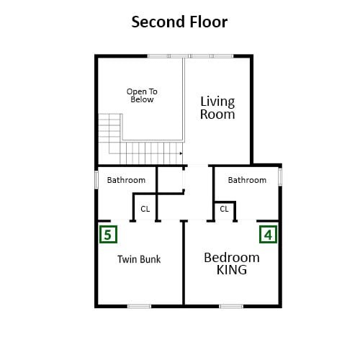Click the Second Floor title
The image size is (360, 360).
tap(179, 22)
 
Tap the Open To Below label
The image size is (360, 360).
tap(142, 96)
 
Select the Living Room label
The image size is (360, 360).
tap(217, 108)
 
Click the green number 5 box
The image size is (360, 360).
tap(108, 234)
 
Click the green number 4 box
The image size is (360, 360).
tap(268, 234)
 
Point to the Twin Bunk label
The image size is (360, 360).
tap(139, 259)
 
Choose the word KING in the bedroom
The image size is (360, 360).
tap(232, 270)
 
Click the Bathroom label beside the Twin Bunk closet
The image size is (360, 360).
tap(126, 180)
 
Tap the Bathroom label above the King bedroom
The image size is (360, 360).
tap(247, 180)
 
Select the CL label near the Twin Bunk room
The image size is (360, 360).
tap(145, 209)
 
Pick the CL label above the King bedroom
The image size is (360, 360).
tap(224, 209)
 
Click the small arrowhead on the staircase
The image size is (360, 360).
tap(181, 153)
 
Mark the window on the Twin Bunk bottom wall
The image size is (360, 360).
tap(139, 306)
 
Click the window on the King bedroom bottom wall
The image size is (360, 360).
tap(231, 306)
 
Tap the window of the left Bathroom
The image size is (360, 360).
tap(96, 179)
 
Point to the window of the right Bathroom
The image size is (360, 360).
tap(280, 176)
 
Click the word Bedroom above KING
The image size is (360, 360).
tap(232, 258)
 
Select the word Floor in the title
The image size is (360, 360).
tap(208, 22)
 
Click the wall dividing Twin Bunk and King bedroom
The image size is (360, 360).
tap(184, 263)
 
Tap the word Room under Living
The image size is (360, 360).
tap(217, 114)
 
